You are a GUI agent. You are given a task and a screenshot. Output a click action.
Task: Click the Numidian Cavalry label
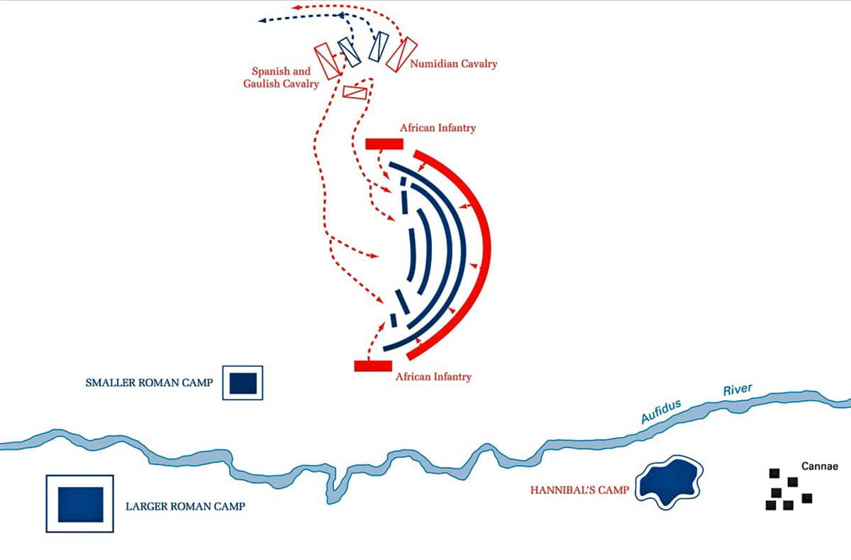pos(454,64)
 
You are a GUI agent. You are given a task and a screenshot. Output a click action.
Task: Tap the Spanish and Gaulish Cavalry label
pos(282,77)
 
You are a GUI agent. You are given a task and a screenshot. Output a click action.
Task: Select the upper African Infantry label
pos(438,128)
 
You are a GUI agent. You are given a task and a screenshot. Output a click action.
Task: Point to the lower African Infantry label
pos(433,377)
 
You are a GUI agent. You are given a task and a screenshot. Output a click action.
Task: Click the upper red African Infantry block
pos(384,144)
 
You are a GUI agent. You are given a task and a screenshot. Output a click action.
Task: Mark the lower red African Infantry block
pos(373,366)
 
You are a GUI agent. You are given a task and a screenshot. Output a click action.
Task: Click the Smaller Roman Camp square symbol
pos(243,383)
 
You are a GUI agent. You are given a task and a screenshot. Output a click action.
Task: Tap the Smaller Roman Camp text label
pos(149,383)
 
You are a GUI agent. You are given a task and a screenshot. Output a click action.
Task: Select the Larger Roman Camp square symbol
pos(80,503)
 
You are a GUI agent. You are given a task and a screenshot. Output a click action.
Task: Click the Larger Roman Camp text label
pos(185,507)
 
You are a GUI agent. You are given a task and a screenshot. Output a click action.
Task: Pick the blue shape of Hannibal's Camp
pos(669,482)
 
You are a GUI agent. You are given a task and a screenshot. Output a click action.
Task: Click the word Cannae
pos(820,466)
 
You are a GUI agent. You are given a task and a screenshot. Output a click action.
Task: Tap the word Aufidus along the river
pos(661,412)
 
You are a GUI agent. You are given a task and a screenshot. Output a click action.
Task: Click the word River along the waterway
pos(737,390)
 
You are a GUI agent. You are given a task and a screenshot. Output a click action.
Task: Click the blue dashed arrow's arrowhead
pos(262,21)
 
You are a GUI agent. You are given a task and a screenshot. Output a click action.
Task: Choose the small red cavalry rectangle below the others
pos(355,92)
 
